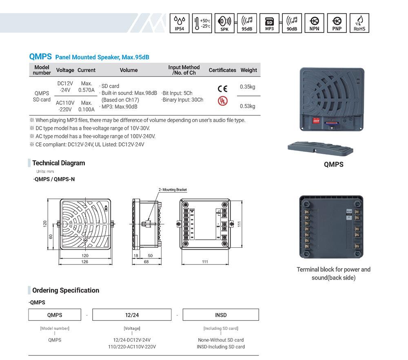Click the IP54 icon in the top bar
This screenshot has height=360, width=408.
pos(180,23)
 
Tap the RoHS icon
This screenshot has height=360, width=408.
pos(359,23)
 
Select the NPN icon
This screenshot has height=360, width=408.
pos(314,23)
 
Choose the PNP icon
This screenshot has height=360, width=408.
pos(337,23)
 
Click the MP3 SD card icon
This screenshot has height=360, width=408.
pos(269,23)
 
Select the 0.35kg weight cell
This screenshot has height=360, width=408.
pos(247,87)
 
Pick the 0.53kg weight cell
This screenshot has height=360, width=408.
pos(247,106)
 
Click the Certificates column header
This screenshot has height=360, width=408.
pos(222,70)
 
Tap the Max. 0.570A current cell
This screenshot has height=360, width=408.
pos(86,87)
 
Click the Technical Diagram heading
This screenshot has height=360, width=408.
pos(59,163)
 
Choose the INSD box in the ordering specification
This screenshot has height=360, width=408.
pos(220,315)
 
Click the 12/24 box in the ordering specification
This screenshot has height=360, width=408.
pos(132,315)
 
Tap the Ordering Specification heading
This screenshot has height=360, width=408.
pos(66,290)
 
